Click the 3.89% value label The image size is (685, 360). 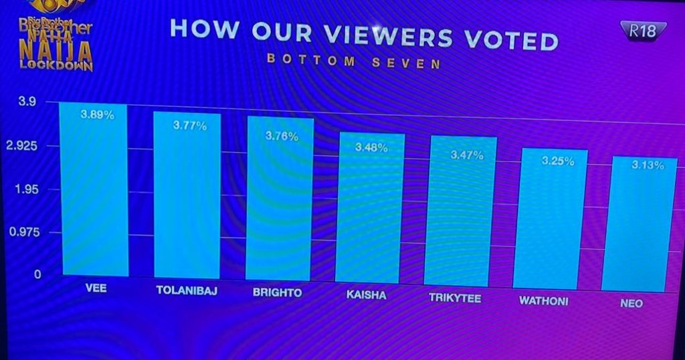pos(98,115)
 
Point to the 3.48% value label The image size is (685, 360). pos(371,147)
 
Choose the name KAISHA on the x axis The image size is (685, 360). pos(367,295)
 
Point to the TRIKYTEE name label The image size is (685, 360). pos(455,298)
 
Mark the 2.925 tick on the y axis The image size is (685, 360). pos(25,146)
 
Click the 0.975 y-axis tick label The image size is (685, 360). pos(25,232)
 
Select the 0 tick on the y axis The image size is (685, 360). pos(37,274)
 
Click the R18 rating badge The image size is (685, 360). pos(644,29)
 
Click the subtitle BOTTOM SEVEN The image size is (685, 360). pos(354,61)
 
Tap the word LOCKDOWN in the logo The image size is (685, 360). pos(55,66)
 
